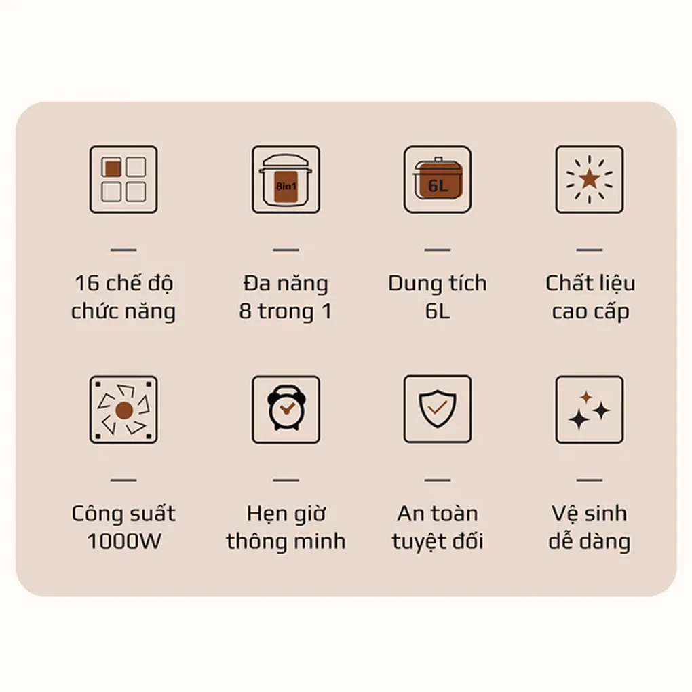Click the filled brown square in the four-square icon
tap(113, 168)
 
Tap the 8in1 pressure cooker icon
tap(286, 180)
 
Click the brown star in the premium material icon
tap(590, 179)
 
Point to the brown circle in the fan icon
tap(124, 410)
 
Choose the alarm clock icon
tap(286, 407)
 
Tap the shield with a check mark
tap(438, 408)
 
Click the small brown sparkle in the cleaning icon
tap(586, 397)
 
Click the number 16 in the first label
tap(87, 284)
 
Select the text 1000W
tap(124, 541)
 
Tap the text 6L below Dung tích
tap(438, 311)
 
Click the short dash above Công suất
tap(123, 480)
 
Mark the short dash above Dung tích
tap(438, 250)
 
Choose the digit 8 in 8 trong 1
tap(246, 311)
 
